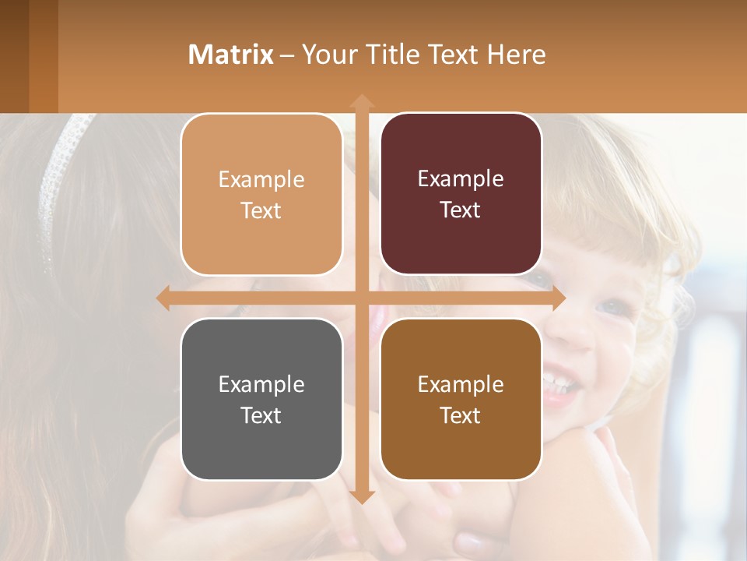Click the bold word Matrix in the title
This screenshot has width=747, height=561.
[231, 55]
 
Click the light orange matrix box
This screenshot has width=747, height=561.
[261, 195]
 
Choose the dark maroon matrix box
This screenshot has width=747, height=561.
[461, 194]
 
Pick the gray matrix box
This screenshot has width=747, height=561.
[261, 399]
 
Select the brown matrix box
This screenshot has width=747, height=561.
[461, 399]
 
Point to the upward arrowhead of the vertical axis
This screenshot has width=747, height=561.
[361, 102]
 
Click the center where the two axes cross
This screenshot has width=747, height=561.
[361, 298]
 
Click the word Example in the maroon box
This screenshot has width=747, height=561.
[461, 179]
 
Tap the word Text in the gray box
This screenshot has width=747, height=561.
[261, 415]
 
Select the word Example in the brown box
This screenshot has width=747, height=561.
[461, 384]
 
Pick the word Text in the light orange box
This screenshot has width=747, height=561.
[261, 210]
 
